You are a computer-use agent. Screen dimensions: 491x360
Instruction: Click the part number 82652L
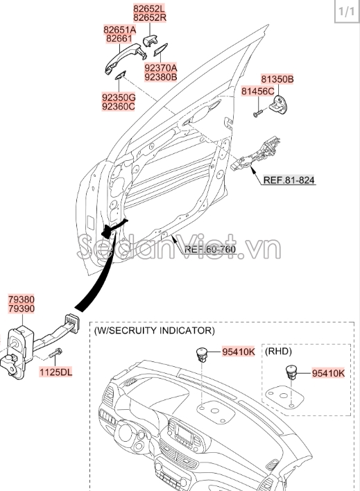coord(150,8)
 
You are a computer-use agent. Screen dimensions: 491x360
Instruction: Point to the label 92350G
coord(119,98)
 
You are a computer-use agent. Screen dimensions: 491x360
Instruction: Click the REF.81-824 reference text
coord(289,180)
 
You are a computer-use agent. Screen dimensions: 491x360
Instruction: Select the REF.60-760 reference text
coord(210,249)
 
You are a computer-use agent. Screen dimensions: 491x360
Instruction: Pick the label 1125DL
coord(56,372)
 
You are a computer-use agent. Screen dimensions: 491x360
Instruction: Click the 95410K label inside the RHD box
coord(327,373)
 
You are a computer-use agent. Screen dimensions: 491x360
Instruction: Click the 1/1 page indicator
coord(345,12)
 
